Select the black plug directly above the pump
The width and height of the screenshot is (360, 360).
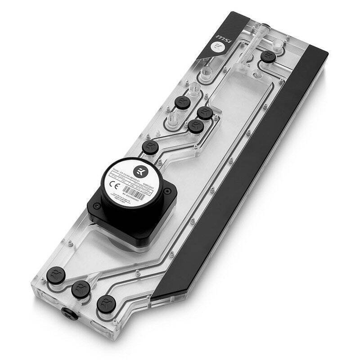(x=149, y=147)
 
